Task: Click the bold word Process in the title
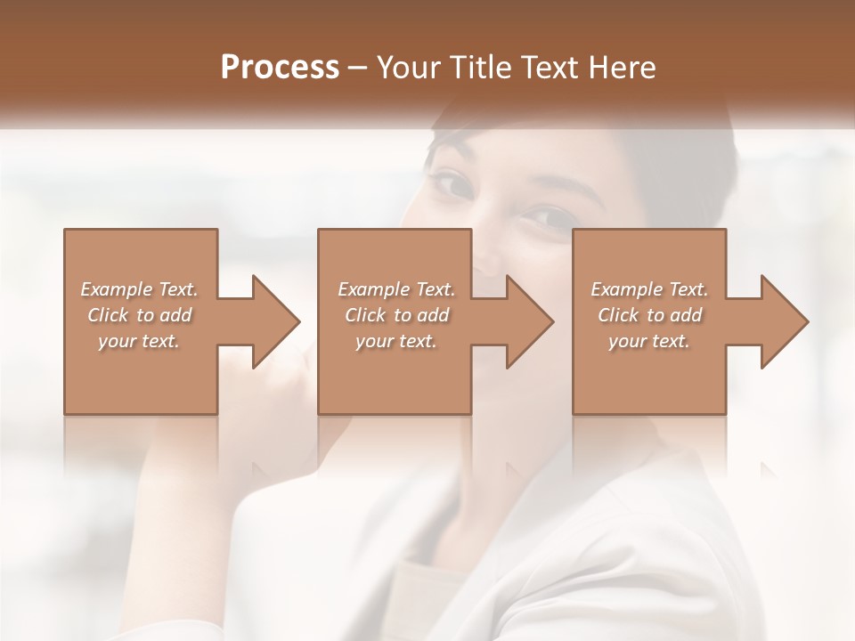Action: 280,68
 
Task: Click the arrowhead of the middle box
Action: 529,321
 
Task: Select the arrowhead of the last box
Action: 784,321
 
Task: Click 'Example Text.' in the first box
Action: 139,289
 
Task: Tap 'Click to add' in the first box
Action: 139,315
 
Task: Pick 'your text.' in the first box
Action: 139,341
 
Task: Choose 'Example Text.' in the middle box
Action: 395,289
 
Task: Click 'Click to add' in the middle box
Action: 395,315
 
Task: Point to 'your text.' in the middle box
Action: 395,341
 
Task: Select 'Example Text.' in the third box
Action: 649,289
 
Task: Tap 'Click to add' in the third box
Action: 649,315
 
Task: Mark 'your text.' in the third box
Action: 649,341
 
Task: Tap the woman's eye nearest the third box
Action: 540,216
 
